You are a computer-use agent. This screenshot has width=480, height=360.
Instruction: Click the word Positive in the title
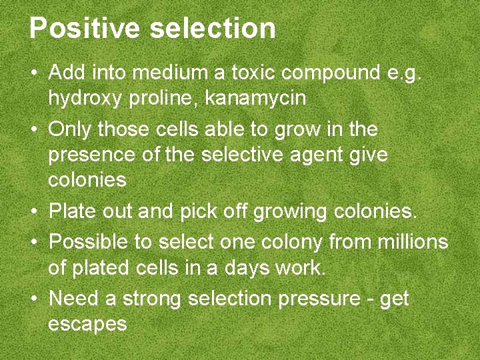[85, 29]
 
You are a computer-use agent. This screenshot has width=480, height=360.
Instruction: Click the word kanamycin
[255, 99]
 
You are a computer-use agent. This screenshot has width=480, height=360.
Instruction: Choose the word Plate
[71, 211]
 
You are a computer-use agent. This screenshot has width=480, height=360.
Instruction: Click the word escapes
[87, 325]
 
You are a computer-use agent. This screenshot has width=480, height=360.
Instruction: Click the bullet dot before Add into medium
[33, 72]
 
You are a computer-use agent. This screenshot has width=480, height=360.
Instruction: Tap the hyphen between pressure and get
[370, 299]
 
